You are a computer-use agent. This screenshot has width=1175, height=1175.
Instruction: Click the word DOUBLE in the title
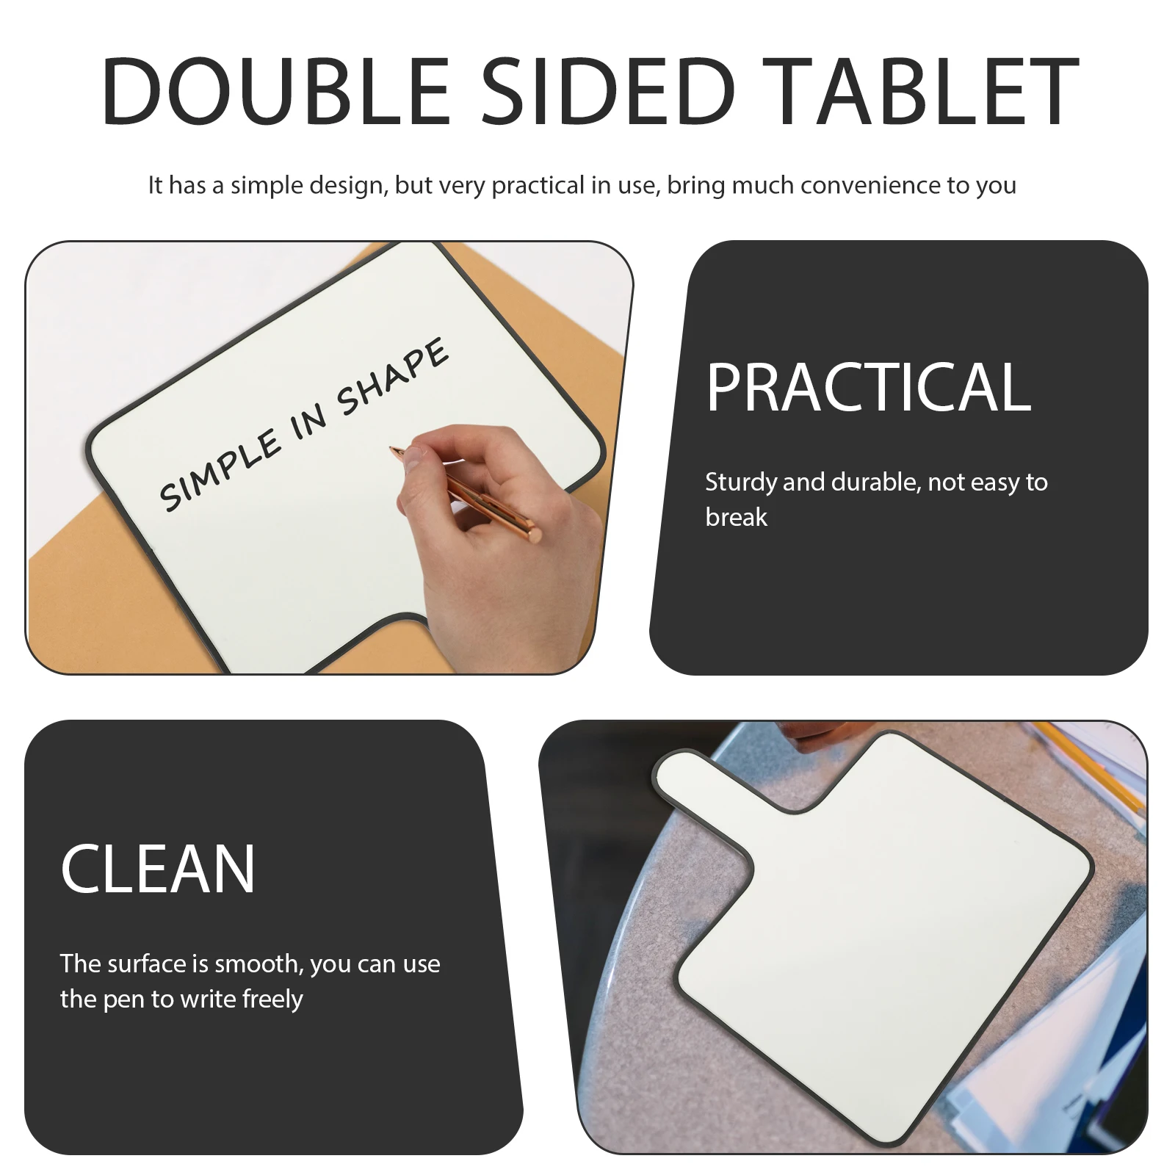click(275, 92)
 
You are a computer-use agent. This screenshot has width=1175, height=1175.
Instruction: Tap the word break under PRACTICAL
click(736, 518)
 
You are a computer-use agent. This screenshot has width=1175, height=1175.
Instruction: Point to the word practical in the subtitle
click(538, 185)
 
